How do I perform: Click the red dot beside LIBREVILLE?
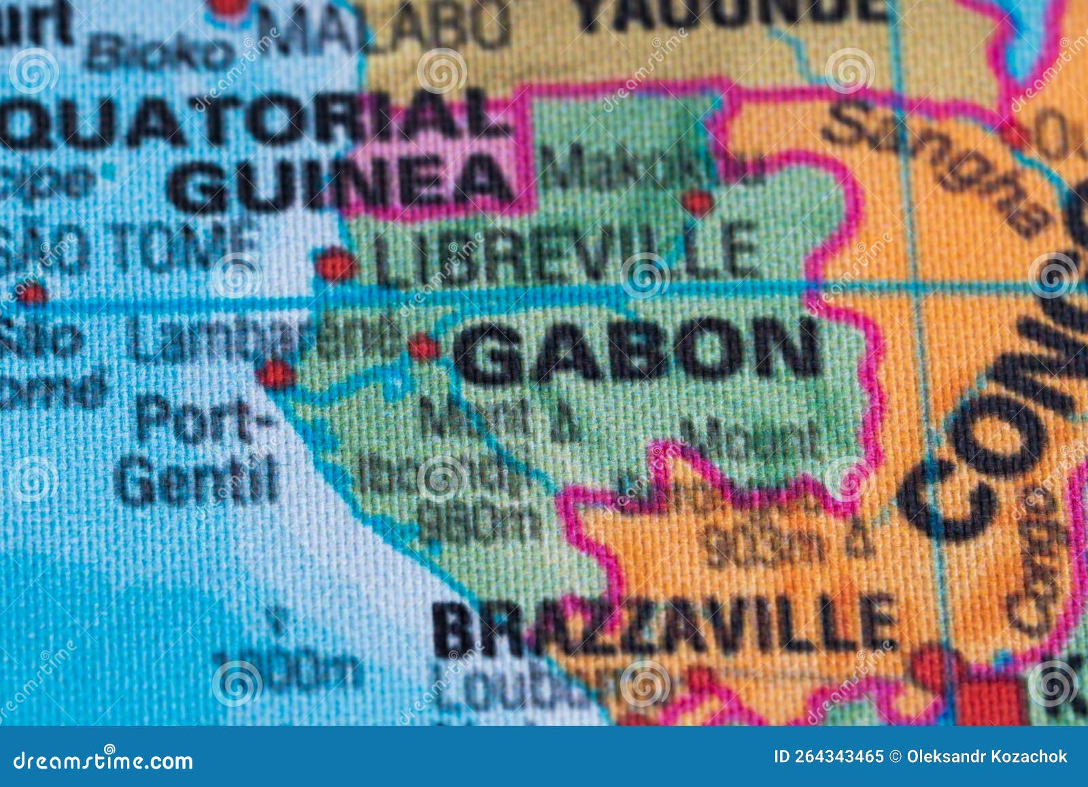(336, 265)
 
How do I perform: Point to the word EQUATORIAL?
(252, 122)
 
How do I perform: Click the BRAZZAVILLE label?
(663, 626)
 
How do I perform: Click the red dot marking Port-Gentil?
(275, 374)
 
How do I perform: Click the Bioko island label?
(160, 51)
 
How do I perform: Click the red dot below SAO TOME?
(31, 295)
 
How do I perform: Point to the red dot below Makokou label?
(698, 201)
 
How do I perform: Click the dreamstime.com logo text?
(103, 759)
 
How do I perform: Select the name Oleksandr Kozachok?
(987, 756)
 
